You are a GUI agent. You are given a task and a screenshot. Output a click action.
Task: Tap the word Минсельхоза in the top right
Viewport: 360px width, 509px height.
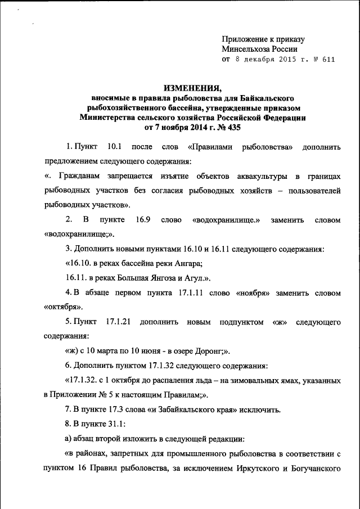tap(246, 49)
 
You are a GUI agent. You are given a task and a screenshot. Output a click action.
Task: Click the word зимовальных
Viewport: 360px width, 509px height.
tap(256, 381)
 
